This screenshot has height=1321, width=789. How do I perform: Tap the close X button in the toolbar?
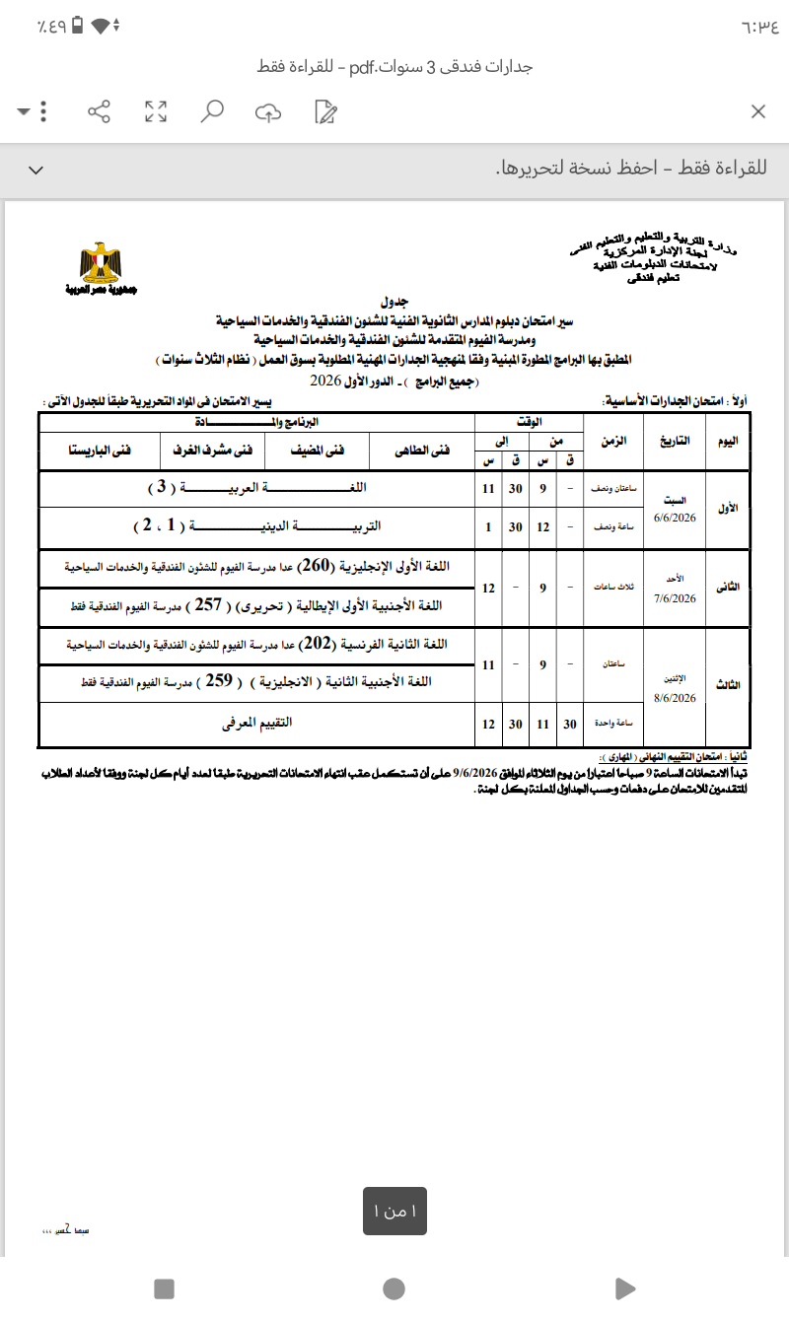[x=757, y=111]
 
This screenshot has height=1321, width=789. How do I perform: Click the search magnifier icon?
[x=211, y=111]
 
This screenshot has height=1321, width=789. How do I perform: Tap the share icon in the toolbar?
[x=99, y=111]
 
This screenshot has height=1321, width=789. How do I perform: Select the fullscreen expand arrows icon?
[x=155, y=111]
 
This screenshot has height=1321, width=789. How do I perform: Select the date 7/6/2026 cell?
[x=675, y=598]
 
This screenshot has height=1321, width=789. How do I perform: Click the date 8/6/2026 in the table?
[x=675, y=698]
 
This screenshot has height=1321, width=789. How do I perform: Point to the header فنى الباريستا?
[x=99, y=451]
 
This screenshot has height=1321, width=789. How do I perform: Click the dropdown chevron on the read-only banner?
[x=36, y=170]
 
